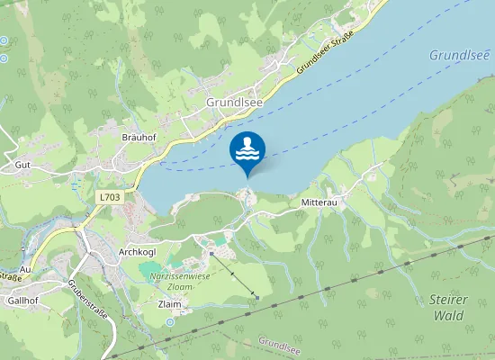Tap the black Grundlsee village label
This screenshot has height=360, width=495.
(x=234, y=103)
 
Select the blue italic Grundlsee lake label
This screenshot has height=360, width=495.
(x=458, y=55)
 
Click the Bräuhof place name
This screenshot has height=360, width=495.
(x=139, y=137)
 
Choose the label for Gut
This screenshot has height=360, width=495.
(x=22, y=166)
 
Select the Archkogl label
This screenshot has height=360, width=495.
(x=138, y=252)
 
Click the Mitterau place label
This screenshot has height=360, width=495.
(x=319, y=204)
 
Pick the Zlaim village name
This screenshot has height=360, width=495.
(x=169, y=304)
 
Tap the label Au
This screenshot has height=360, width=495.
(x=25, y=269)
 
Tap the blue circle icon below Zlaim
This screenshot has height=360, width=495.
(x=169, y=321)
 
